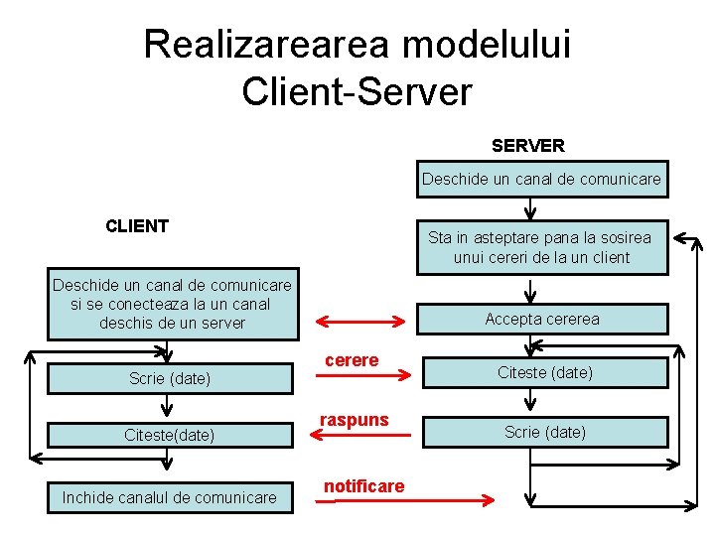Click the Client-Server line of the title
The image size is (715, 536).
pyautogui.click(x=357, y=91)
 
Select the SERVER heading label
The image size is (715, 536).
pyautogui.click(x=527, y=146)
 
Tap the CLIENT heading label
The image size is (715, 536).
pyautogui.click(x=137, y=225)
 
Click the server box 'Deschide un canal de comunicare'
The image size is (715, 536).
pyautogui.click(x=541, y=180)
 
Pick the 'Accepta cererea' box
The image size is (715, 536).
pyautogui.click(x=541, y=319)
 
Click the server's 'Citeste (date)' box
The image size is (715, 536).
pyautogui.click(x=544, y=372)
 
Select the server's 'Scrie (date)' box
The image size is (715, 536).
pyautogui.click(x=544, y=432)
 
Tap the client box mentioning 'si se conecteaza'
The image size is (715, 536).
pyautogui.click(x=172, y=305)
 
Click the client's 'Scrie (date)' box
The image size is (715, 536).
pyautogui.click(x=170, y=378)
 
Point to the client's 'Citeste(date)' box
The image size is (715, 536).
pyautogui.click(x=170, y=435)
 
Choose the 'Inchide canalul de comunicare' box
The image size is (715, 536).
pyautogui.click(x=170, y=497)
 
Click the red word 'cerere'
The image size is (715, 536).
pyautogui.click(x=352, y=359)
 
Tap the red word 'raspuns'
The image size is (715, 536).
pyautogui.click(x=354, y=420)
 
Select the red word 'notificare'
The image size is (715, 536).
pyautogui.click(x=363, y=485)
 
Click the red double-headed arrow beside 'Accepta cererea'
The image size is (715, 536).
pyautogui.click(x=360, y=321)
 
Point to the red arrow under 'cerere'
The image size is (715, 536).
pyautogui.click(x=362, y=375)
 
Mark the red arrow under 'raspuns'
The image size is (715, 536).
pyautogui.click(x=362, y=435)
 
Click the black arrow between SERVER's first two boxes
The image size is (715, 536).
pyautogui.click(x=532, y=209)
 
